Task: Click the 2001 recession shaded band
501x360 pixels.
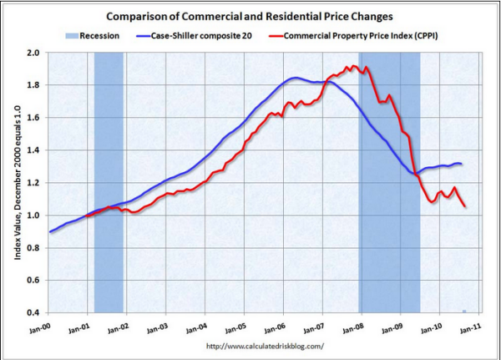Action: point(109,167)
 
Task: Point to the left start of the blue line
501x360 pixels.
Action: point(50,231)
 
